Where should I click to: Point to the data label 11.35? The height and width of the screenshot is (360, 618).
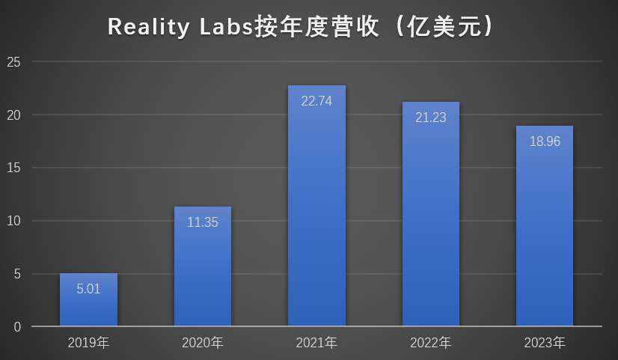(203, 222)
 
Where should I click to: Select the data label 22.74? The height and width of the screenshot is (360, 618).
(317, 101)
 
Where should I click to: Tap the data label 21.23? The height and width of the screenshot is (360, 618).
(431, 118)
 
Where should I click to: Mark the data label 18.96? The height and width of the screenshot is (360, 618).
(545, 141)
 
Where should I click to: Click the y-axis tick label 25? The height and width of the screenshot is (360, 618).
(14, 62)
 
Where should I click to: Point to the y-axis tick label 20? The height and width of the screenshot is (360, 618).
(14, 115)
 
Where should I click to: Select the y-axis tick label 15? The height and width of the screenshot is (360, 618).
(14, 168)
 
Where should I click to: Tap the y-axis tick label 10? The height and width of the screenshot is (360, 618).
(14, 221)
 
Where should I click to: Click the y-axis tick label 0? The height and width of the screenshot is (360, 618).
(17, 327)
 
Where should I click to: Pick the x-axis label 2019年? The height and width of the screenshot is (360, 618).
(88, 344)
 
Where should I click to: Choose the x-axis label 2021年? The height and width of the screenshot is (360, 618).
(316, 344)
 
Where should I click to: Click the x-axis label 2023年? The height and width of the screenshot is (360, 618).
(545, 344)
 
